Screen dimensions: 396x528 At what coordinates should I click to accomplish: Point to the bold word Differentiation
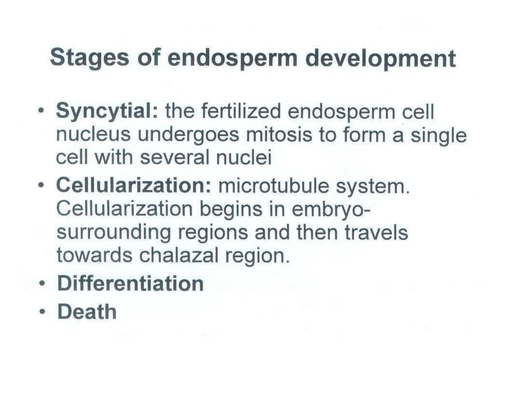pos(130,284)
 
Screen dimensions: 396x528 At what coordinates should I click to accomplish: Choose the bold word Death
pos(87,312)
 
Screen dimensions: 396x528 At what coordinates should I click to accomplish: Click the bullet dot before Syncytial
pos(40,111)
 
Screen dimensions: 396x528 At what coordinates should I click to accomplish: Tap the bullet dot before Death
pos(41,312)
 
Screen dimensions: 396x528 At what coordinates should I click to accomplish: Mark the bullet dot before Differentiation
pos(41,284)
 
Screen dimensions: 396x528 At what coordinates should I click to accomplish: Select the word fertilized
pos(241,112)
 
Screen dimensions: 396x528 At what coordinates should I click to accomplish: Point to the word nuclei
pos(244,158)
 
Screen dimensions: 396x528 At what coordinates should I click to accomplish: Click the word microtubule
pos(274,186)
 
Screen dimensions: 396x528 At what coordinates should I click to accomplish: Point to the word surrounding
pos(114,233)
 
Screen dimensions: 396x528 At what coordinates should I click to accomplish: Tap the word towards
pos(94,255)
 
